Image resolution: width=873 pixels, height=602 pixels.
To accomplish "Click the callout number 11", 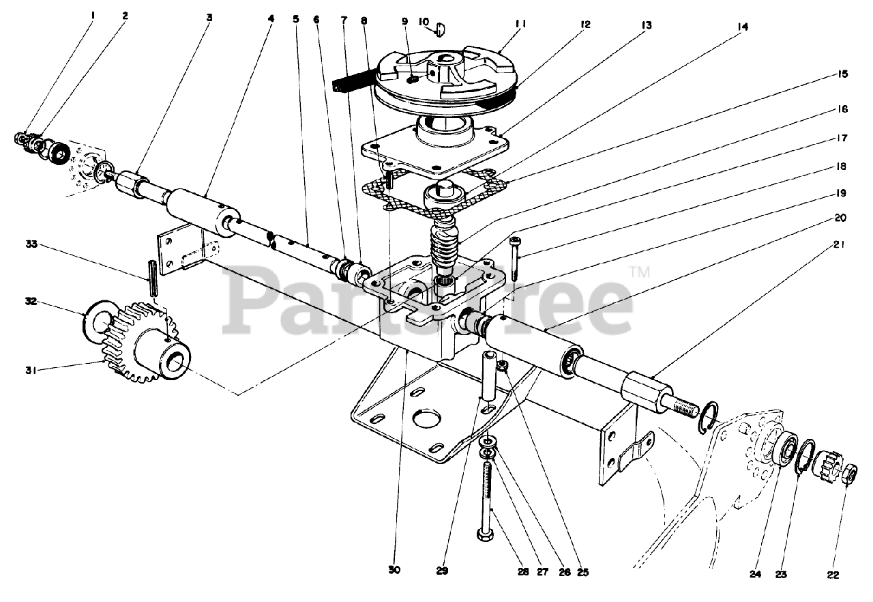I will click(520, 23).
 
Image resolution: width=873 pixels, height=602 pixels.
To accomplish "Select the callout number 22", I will click(833, 575).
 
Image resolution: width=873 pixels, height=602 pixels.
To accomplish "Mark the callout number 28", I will click(523, 572).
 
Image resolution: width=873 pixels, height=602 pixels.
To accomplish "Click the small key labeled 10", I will click(439, 29).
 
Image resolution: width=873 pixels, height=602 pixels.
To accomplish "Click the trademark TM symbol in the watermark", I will click(639, 272).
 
